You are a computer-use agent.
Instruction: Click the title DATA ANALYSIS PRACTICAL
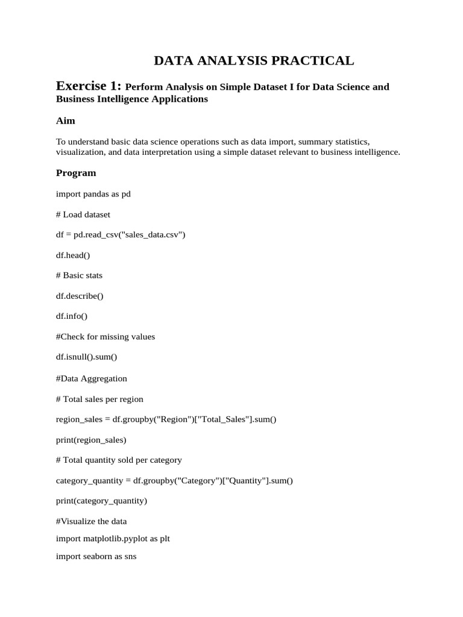click(x=253, y=60)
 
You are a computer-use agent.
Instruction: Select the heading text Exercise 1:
click(x=89, y=86)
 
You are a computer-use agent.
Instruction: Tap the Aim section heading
click(x=66, y=121)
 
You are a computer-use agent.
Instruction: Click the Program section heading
click(x=76, y=173)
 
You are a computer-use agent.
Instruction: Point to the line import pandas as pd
click(x=93, y=194)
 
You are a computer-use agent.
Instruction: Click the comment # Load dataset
click(x=83, y=215)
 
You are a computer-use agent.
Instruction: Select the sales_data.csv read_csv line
click(x=121, y=234)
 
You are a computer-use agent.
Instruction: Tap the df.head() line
click(x=73, y=255)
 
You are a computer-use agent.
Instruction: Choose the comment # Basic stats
click(x=80, y=275)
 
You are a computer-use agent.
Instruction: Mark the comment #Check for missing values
click(x=106, y=336)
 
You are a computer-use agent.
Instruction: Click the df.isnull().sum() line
click(x=87, y=357)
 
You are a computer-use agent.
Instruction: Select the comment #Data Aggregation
click(x=92, y=378)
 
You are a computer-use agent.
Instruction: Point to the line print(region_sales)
click(x=91, y=440)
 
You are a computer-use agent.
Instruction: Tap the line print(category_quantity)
click(x=101, y=501)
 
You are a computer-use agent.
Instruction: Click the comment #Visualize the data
click(x=92, y=521)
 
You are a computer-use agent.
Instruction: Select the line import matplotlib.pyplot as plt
click(x=113, y=538)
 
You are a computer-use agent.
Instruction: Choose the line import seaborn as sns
click(x=96, y=557)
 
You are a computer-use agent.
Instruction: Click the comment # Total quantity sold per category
click(x=119, y=460)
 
